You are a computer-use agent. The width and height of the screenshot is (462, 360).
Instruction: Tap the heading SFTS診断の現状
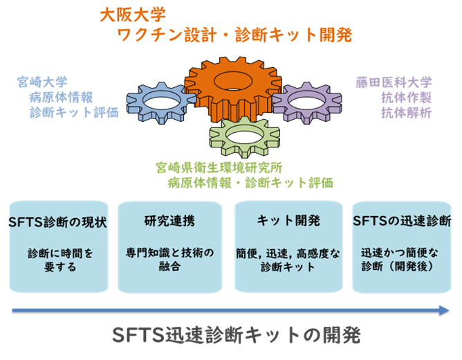click(x=57, y=222)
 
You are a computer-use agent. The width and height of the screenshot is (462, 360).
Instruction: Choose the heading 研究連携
click(x=169, y=222)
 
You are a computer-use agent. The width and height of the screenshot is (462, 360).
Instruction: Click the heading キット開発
click(x=288, y=222)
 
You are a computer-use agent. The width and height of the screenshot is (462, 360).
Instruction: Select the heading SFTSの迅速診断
click(x=402, y=222)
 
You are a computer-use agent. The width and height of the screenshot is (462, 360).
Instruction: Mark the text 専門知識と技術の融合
click(x=170, y=259)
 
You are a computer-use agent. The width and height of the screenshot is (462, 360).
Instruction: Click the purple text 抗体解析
click(x=406, y=112)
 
